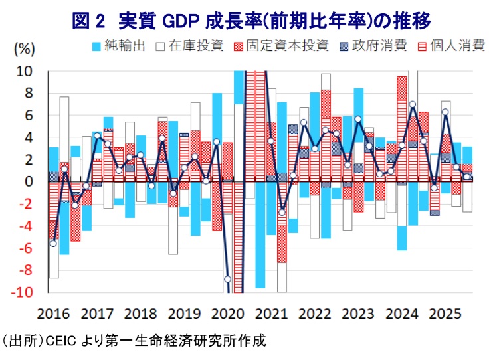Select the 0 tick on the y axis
click(x=29, y=182)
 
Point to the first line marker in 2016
click(x=54, y=244)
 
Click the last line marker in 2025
click(x=467, y=177)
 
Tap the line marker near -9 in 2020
click(x=227, y=279)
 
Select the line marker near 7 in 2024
click(x=413, y=104)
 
